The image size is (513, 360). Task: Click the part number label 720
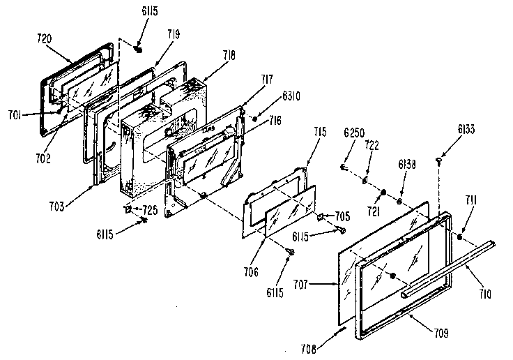[x=43, y=40]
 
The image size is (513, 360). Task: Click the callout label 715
[x=319, y=132]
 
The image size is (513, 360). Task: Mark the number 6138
[x=408, y=166]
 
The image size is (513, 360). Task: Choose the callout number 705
[x=342, y=216]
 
